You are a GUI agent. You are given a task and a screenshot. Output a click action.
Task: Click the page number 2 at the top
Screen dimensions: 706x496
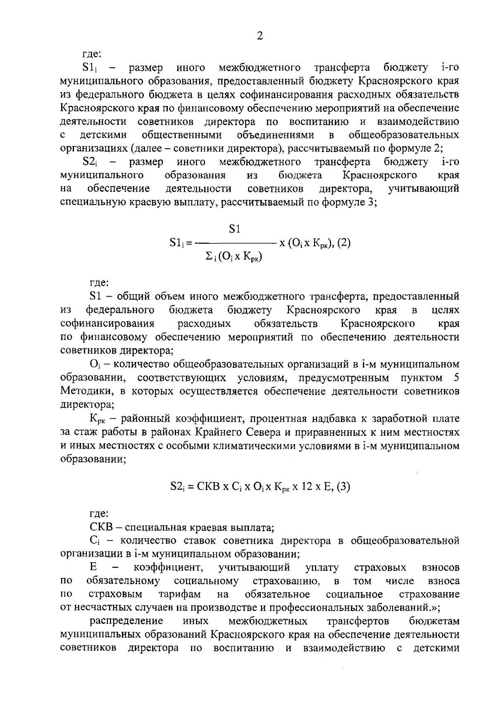(260, 36)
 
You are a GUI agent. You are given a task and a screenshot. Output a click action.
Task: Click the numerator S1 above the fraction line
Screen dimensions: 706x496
(235, 229)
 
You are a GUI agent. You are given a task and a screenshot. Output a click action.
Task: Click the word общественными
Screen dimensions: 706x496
(182, 135)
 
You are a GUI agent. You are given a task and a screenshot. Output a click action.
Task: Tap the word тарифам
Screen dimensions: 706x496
(180, 594)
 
